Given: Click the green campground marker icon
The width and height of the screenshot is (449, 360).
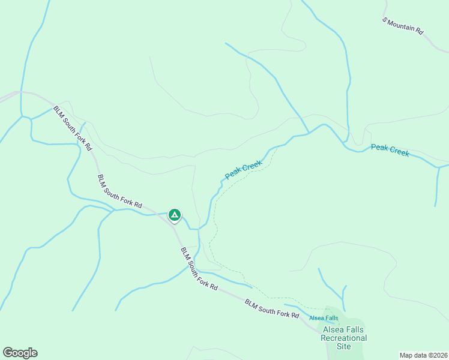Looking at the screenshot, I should [x=174, y=214].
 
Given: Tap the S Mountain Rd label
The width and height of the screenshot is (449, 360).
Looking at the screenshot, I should [x=403, y=25].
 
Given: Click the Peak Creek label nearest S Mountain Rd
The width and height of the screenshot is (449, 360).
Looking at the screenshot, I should [x=390, y=150].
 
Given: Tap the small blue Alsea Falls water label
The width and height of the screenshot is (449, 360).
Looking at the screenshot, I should [x=324, y=318].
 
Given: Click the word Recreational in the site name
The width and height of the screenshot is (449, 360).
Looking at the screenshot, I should [x=344, y=338].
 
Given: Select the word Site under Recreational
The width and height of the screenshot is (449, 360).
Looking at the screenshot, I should [x=344, y=347].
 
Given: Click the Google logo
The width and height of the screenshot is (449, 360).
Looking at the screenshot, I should [x=20, y=353].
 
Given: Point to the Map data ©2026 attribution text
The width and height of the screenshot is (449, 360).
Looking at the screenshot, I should [x=423, y=355].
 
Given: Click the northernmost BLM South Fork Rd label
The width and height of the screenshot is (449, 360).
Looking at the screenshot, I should [x=73, y=128].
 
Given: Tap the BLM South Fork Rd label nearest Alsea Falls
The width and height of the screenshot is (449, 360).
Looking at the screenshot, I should [x=272, y=310].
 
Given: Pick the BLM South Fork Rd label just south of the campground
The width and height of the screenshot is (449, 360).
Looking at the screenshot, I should [x=199, y=268].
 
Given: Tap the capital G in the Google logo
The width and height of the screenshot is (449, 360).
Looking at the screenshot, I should [x=8, y=353].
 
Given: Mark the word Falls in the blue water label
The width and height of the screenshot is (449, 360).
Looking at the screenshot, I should [x=331, y=318].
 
